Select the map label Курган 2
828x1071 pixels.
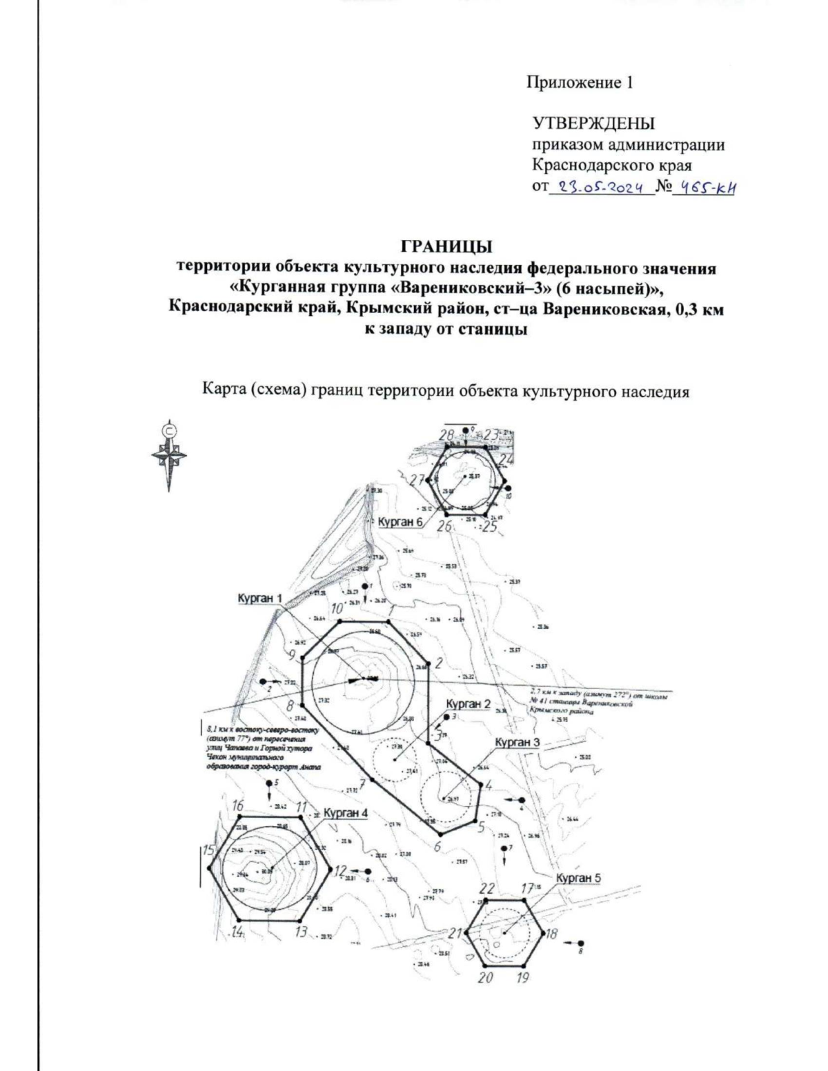[x=468, y=704]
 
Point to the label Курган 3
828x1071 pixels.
[x=517, y=742]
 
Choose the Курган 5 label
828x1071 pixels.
[x=578, y=878]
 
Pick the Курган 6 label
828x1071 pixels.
[x=400, y=522]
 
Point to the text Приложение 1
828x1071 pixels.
[x=580, y=83]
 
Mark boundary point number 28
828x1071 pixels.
[x=446, y=435]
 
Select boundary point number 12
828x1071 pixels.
[x=339, y=871]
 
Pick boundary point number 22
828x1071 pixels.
[x=487, y=889]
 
